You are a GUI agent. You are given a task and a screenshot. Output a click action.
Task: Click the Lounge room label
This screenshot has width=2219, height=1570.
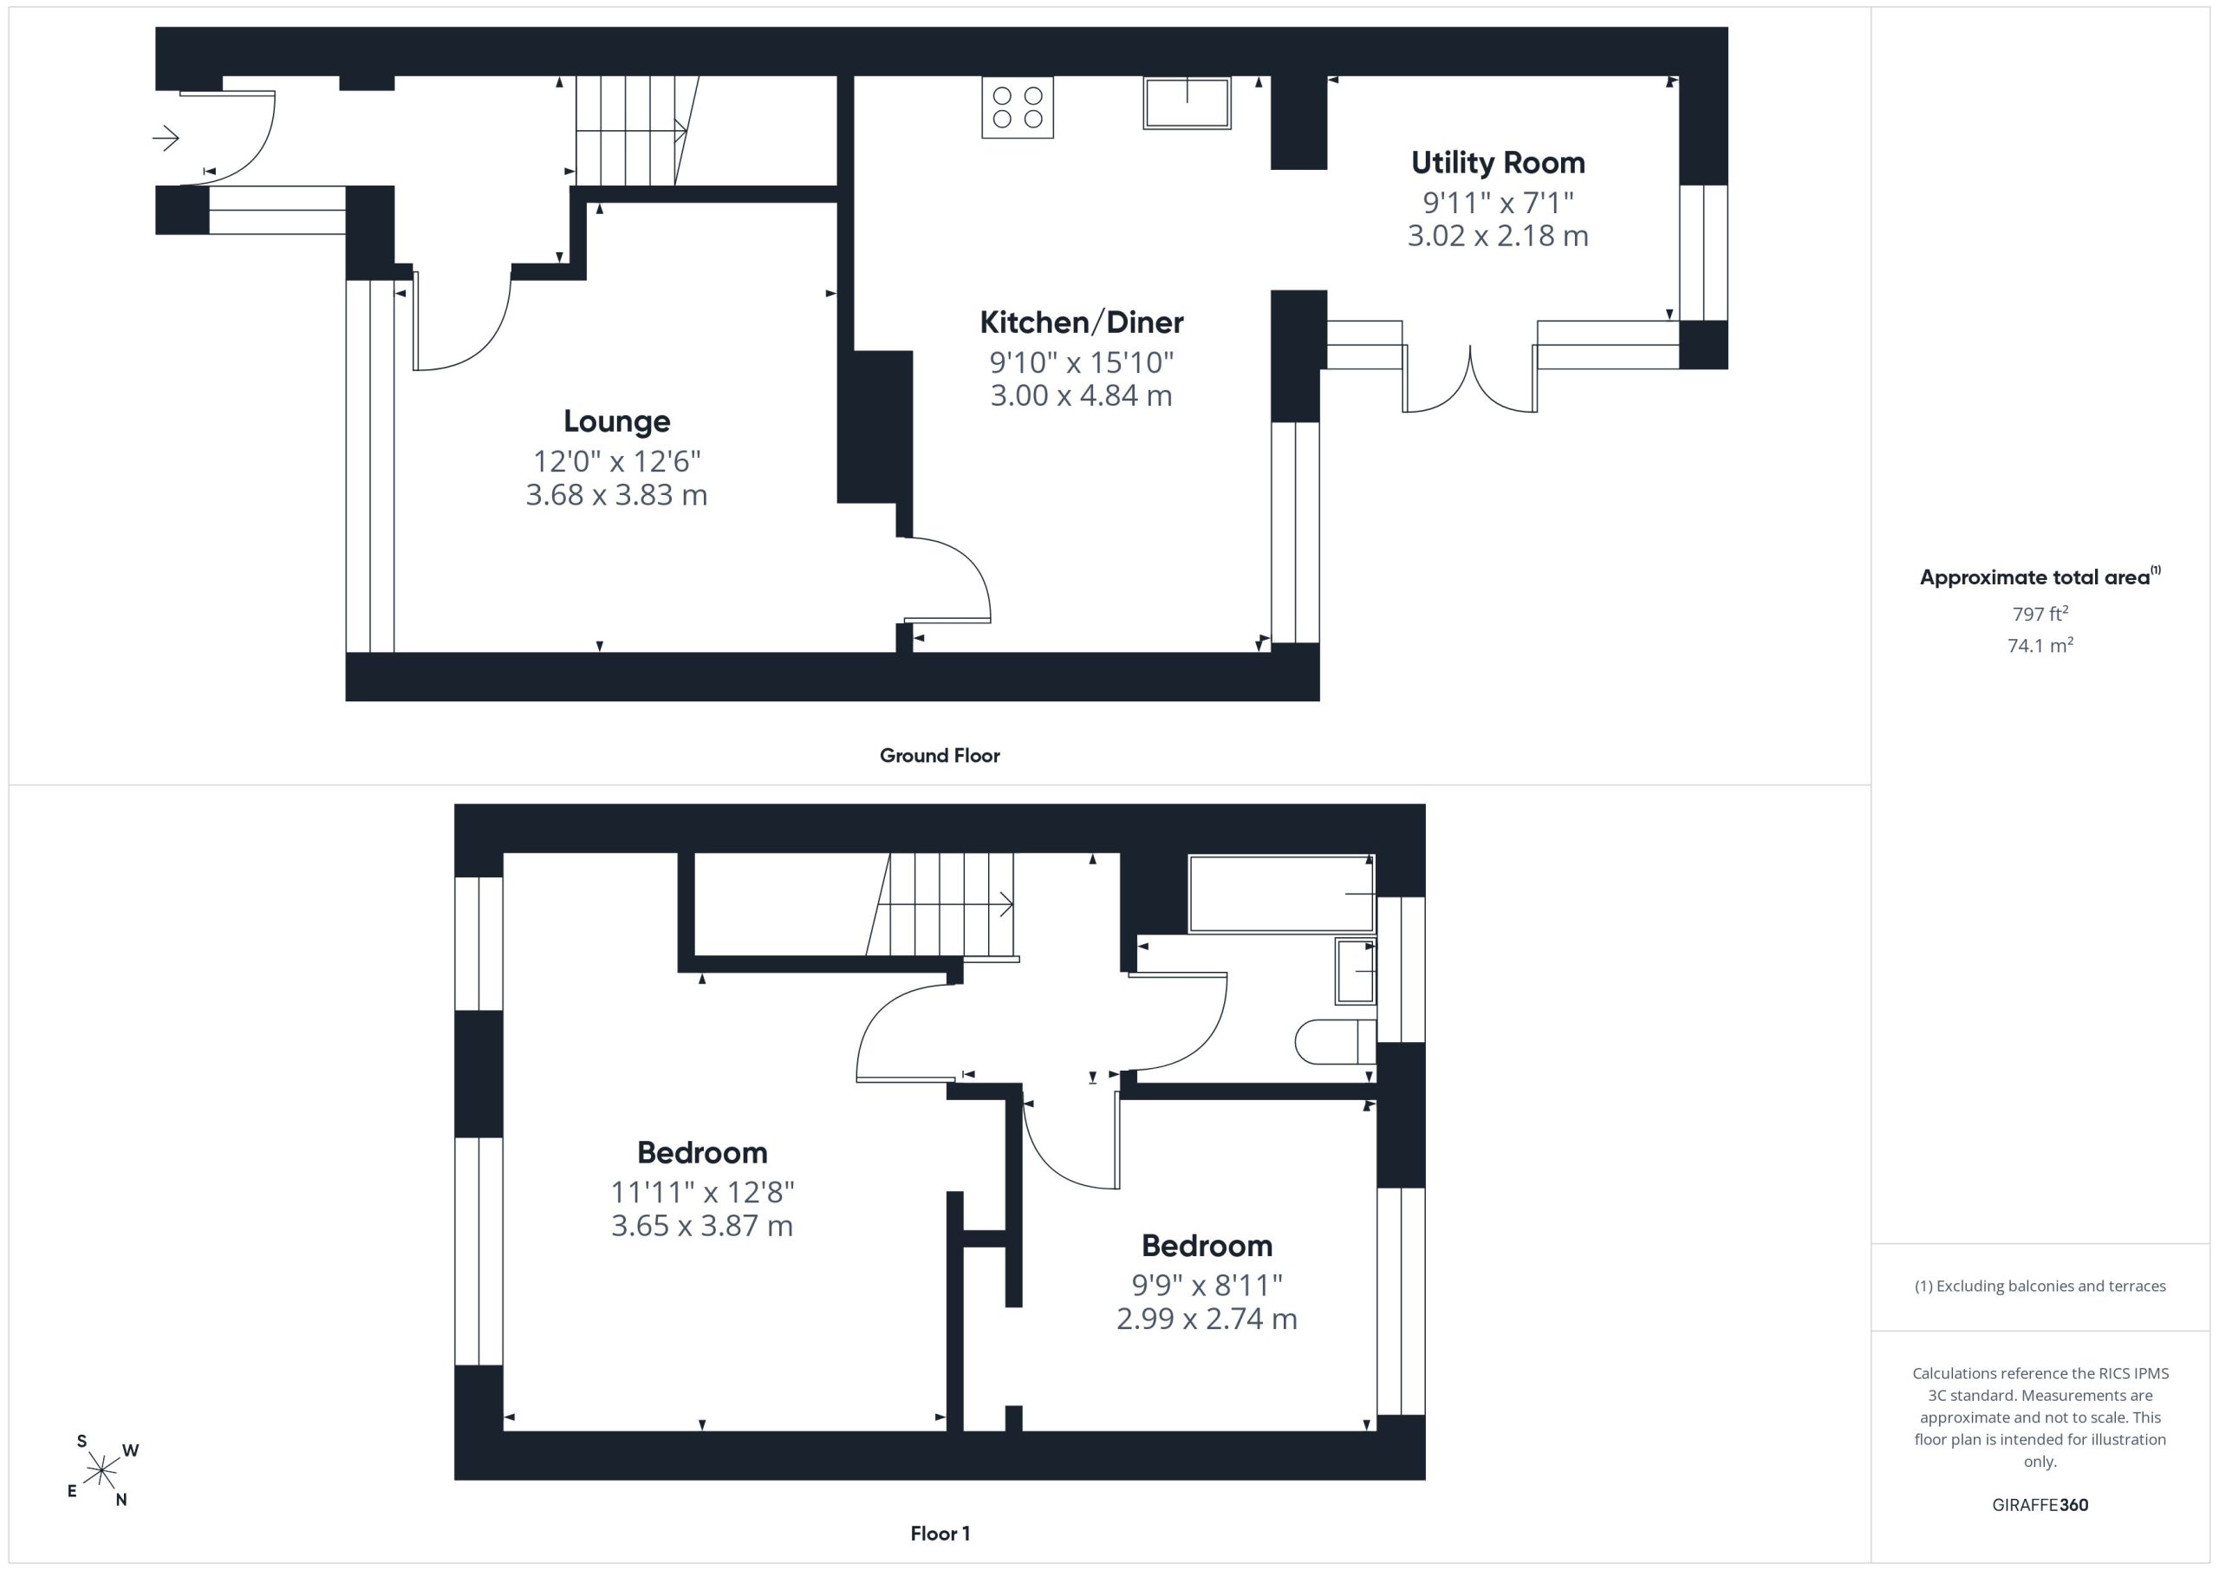tap(616, 421)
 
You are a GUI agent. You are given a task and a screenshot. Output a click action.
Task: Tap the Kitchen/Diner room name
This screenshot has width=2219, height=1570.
tap(1082, 322)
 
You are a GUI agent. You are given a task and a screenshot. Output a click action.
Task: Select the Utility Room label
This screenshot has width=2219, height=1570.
tap(1498, 163)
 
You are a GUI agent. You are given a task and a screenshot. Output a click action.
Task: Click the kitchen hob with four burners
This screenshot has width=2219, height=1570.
tap(1018, 107)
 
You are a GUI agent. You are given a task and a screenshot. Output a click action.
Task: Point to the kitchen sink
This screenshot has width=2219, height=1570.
tap(1187, 102)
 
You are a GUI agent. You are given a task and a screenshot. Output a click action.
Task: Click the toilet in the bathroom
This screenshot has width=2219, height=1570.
tap(1335, 1041)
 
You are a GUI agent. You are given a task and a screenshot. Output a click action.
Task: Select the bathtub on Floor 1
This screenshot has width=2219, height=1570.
tap(1281, 895)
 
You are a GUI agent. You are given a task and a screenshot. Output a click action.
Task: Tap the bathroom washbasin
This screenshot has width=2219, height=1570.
tap(1355, 971)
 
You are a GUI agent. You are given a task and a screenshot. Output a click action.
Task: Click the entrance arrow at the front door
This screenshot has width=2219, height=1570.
tap(166, 138)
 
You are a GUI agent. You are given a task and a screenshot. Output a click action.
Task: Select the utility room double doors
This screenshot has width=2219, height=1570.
tap(1470, 380)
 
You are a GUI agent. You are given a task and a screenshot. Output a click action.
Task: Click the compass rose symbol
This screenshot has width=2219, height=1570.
tap(101, 1471)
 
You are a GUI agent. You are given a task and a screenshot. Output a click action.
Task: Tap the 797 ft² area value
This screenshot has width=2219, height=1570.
tap(2040, 614)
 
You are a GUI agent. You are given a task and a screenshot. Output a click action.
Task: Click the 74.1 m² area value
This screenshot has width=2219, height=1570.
tap(2040, 645)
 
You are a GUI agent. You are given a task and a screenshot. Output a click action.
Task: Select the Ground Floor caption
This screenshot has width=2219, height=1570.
tap(940, 756)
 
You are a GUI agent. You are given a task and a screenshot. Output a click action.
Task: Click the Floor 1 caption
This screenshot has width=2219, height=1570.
tap(940, 1534)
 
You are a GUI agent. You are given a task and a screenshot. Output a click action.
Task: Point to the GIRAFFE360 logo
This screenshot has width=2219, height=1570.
tap(2040, 1505)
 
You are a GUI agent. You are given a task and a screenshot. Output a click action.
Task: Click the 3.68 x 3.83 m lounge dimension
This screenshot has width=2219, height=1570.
tap(616, 495)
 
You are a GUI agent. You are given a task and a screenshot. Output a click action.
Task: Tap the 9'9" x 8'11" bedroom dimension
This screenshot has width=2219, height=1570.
tap(1207, 1285)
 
